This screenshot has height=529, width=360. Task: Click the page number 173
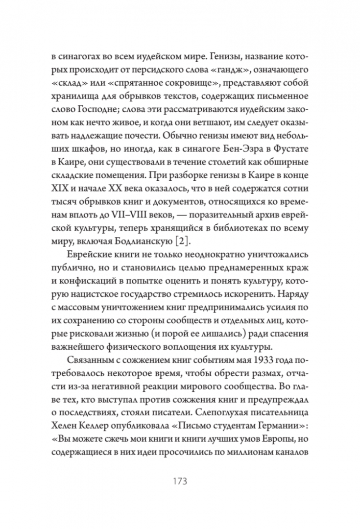click(180, 480)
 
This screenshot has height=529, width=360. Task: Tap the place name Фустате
click(287, 147)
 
